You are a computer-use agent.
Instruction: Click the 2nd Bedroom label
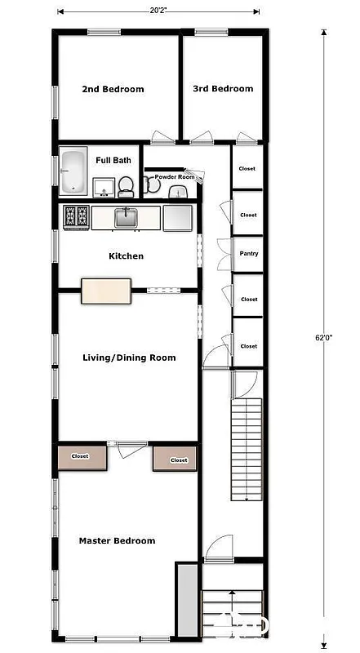click(113, 89)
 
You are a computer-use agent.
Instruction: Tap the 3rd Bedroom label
click(222, 88)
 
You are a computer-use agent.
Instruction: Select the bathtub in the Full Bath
click(73, 171)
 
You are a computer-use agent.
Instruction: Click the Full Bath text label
click(113, 161)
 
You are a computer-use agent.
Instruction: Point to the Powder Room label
click(175, 176)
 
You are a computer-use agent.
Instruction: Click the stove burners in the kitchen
click(76, 216)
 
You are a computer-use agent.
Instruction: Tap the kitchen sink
click(126, 217)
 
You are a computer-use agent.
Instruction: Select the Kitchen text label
click(126, 256)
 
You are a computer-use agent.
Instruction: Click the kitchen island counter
click(106, 291)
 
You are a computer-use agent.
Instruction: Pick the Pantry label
click(248, 254)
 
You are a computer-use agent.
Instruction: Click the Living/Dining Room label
click(129, 358)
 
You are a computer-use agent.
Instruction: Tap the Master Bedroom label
click(117, 540)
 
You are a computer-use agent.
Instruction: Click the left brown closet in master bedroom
click(80, 457)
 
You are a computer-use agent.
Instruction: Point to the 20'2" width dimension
click(159, 11)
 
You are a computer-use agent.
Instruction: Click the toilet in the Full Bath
click(126, 188)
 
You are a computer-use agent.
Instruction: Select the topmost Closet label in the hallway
click(247, 169)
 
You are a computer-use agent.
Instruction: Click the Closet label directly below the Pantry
click(248, 300)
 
